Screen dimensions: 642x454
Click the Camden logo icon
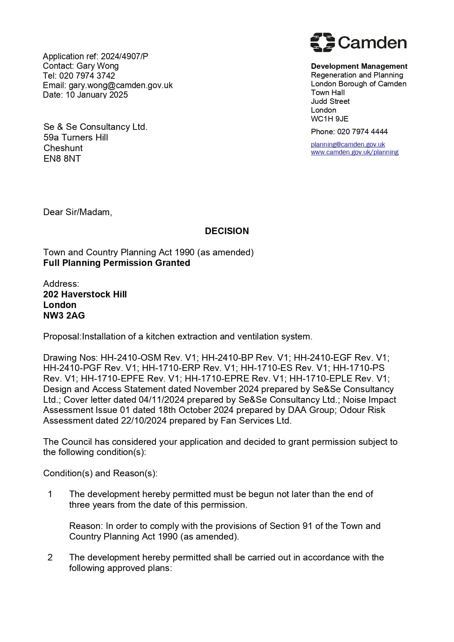point(322,42)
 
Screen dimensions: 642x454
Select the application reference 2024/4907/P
point(124,56)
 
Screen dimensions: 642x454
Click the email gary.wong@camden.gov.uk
point(121,85)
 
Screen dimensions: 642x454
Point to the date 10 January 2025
point(97,95)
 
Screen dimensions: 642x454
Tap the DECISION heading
point(227,231)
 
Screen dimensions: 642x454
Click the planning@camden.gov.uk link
point(348,144)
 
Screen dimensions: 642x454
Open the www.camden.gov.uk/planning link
point(354,152)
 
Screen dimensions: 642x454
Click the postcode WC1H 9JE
point(330,119)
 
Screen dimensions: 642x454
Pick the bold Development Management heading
point(359,66)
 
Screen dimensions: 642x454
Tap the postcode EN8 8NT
point(62,159)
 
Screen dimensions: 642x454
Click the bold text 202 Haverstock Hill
point(85,294)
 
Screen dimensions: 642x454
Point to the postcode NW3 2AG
point(64,316)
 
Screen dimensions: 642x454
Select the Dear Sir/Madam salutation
point(78,212)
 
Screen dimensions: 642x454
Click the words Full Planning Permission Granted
point(117,263)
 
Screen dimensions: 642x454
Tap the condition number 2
point(50,557)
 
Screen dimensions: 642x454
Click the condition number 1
point(50,494)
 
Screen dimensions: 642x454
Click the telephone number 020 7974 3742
point(87,76)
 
